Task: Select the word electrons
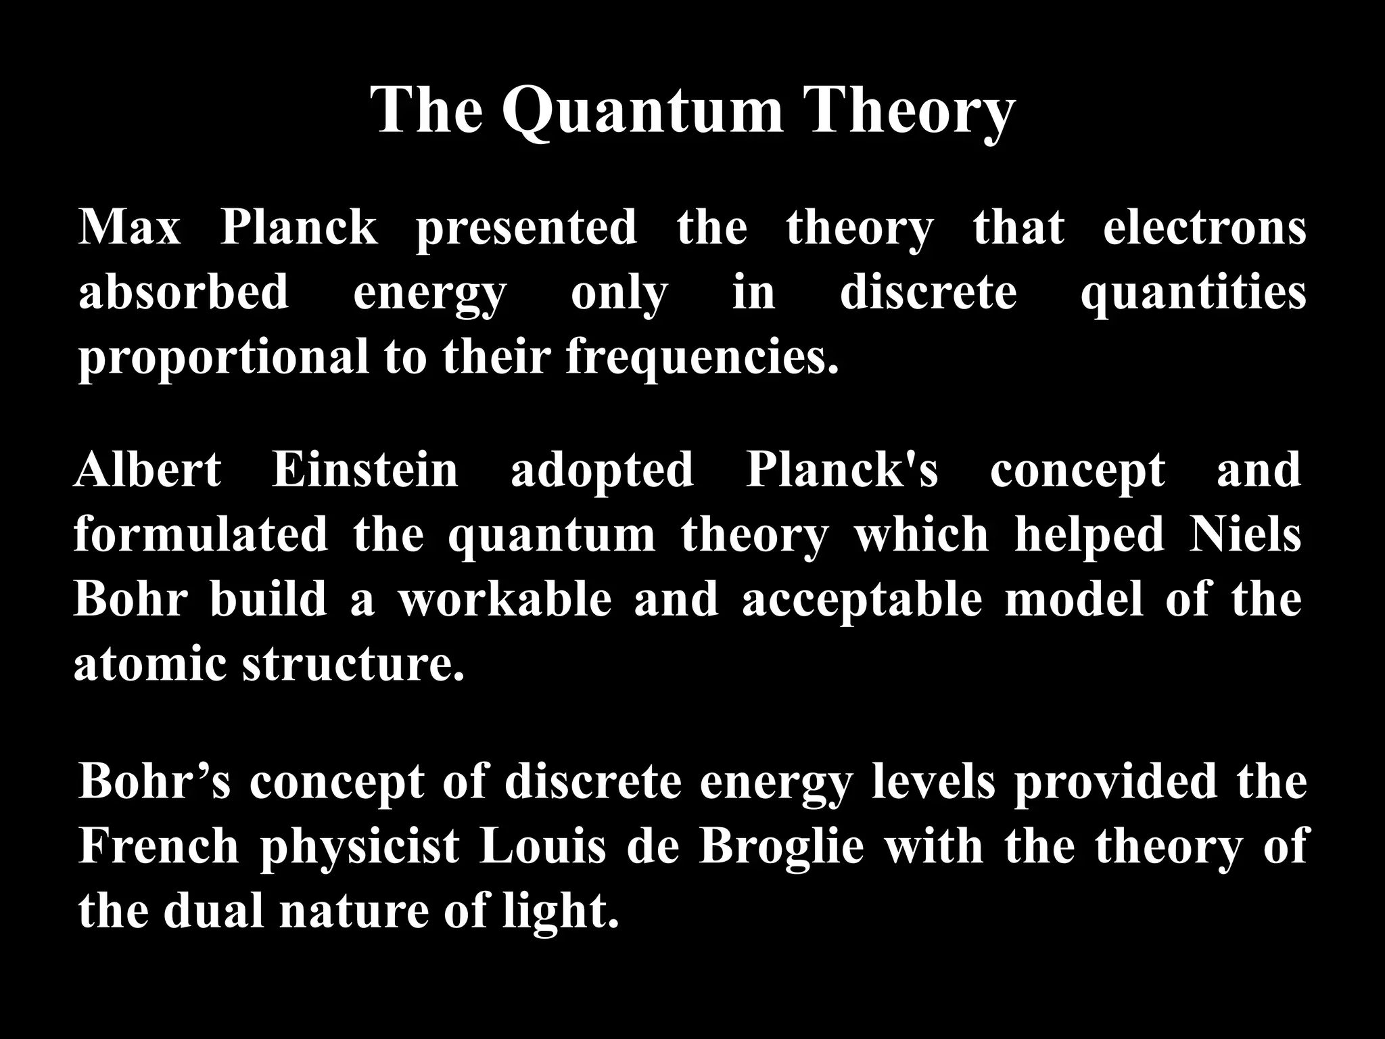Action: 1204,228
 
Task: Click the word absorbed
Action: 184,293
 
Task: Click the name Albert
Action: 147,469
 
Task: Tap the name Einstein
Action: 365,469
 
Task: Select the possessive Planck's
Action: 842,469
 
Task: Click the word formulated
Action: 201,534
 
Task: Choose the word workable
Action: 504,599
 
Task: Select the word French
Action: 159,846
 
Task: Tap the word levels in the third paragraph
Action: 933,781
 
